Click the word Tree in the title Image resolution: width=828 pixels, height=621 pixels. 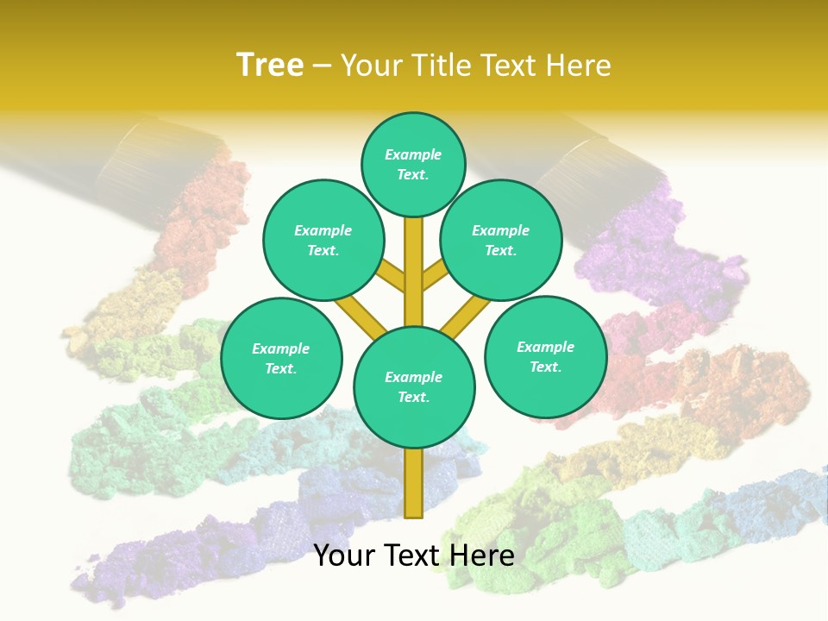tap(270, 65)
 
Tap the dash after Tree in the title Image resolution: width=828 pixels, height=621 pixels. tap(322, 66)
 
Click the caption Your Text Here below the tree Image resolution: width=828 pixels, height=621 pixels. tap(414, 555)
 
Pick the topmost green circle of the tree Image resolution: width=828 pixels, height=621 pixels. tap(414, 164)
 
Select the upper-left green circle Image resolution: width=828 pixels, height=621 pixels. tap(323, 240)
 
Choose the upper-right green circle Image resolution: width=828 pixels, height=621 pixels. tap(501, 240)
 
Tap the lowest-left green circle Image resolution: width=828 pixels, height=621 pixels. tap(281, 358)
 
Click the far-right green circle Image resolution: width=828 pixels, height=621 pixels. tap(545, 356)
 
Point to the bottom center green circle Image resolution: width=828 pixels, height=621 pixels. tap(414, 387)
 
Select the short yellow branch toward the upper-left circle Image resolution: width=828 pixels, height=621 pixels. tap(392, 278)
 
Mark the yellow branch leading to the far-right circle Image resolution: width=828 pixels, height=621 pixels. tap(466, 317)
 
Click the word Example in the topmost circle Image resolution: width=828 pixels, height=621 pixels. tap(413, 154)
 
